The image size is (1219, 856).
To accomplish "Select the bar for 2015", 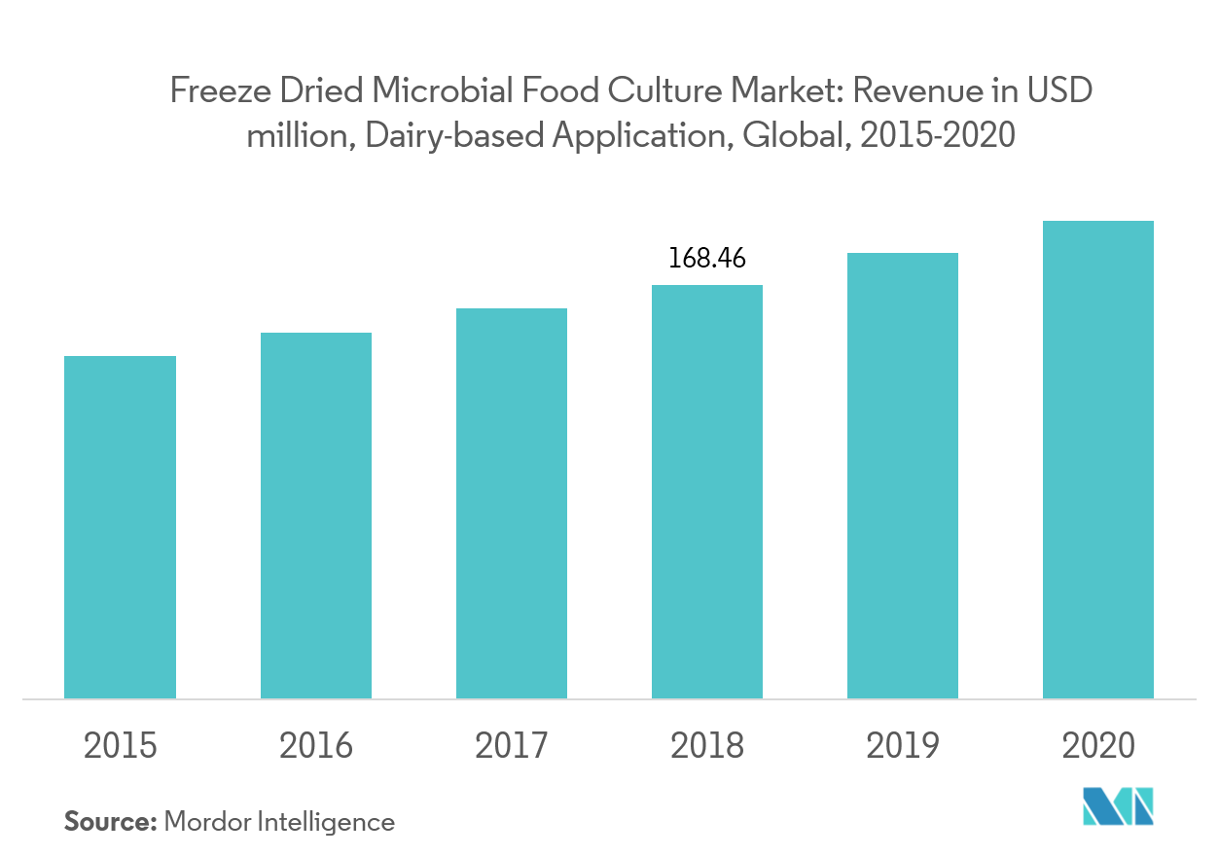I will pyautogui.click(x=120, y=526).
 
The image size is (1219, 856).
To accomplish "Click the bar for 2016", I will pyautogui.click(x=315, y=515).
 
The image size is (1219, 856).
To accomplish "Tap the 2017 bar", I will pyautogui.click(x=512, y=503).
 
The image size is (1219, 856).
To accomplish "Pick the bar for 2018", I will pyautogui.click(x=707, y=491).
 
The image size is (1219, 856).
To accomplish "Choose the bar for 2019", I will pyautogui.click(x=903, y=475).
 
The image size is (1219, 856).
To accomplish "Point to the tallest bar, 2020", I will pyautogui.click(x=1098, y=459).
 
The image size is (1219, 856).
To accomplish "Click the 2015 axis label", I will pyautogui.click(x=120, y=746).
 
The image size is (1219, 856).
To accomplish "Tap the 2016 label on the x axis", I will pyautogui.click(x=315, y=746).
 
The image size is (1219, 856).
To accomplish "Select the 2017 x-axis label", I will pyautogui.click(x=512, y=746).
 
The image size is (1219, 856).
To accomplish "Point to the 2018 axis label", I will pyautogui.click(x=707, y=746).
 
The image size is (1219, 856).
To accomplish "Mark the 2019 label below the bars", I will pyautogui.click(x=903, y=746).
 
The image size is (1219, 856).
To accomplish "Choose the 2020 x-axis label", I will pyautogui.click(x=1098, y=746).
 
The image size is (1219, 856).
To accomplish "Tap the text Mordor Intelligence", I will pyautogui.click(x=280, y=822).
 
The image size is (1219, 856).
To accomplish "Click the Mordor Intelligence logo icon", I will pyautogui.click(x=1118, y=806).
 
